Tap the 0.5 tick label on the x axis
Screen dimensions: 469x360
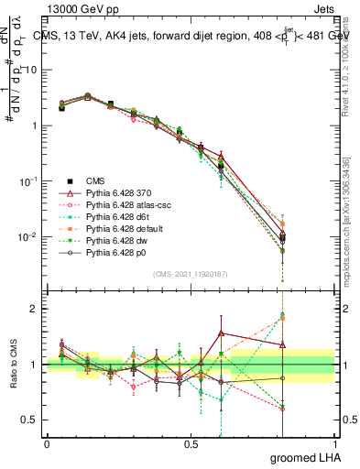point(191,444)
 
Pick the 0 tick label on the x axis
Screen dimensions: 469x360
point(47,444)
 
